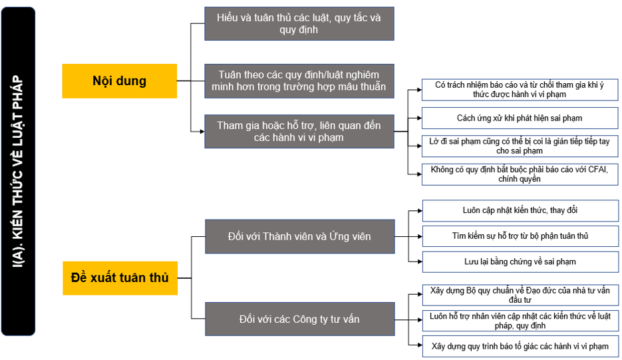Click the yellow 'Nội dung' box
point(119,81)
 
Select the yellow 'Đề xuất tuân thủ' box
point(120,278)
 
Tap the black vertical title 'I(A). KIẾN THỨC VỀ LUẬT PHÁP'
point(18,171)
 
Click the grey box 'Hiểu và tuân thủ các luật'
point(299,23)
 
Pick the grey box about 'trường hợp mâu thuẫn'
point(299,81)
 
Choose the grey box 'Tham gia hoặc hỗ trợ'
point(299,131)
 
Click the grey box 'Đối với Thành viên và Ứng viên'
point(299,236)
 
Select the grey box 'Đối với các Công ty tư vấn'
point(299,319)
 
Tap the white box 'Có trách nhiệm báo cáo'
point(520,90)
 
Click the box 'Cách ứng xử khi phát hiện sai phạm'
point(520,118)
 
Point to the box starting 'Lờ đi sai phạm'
point(520,146)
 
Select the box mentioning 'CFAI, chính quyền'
point(520,174)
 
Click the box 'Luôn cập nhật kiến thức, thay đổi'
point(520,210)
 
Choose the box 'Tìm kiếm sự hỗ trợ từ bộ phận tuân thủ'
point(520,236)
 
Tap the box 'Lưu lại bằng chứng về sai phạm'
point(520,262)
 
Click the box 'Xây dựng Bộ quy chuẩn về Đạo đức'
point(520,295)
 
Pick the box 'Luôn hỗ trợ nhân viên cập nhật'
point(520,321)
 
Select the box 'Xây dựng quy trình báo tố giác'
point(520,347)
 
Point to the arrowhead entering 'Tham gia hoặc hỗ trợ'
point(202,131)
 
